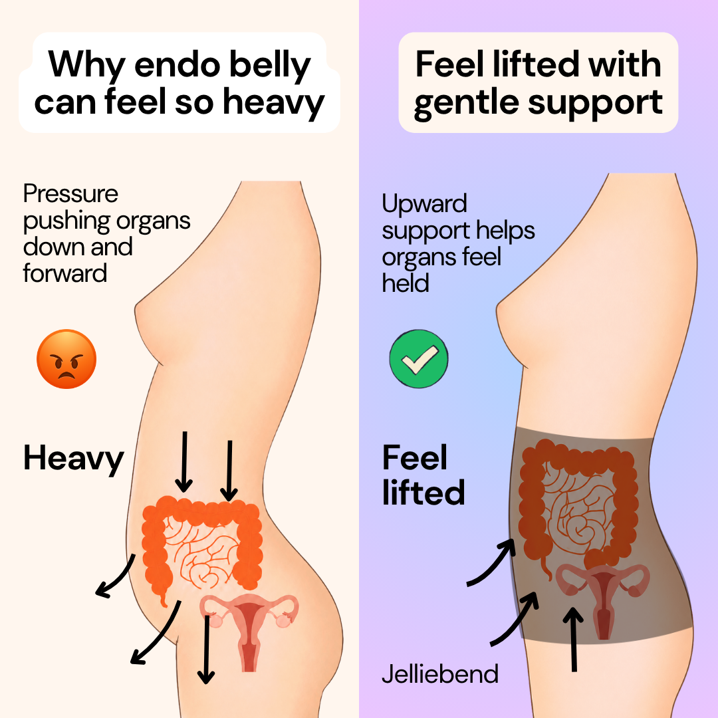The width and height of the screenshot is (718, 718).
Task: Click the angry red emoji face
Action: click(66, 359)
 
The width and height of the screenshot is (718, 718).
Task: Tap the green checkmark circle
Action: click(419, 359)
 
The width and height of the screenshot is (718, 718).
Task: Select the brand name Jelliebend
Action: click(440, 674)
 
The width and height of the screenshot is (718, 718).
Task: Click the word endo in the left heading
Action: click(178, 65)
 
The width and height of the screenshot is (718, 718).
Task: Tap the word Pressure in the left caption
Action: click(70, 194)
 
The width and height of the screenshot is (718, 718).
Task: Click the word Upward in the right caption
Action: click(424, 204)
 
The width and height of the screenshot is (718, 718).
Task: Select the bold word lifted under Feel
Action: click(423, 493)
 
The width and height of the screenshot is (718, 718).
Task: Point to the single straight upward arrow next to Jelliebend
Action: click(573, 640)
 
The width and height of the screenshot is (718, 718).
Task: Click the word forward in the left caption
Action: click(65, 273)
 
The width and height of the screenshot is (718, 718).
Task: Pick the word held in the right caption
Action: click(406, 283)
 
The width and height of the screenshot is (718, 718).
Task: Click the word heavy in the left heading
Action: click(273, 102)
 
